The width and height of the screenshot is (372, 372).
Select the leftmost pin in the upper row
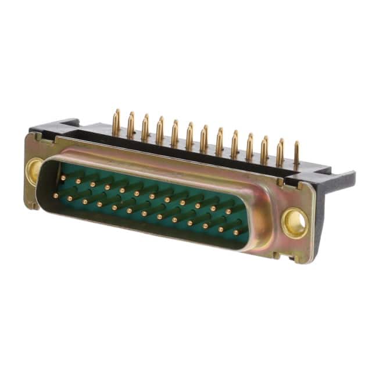tap(62, 178)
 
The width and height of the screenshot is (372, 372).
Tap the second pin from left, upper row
tap(77, 181)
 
